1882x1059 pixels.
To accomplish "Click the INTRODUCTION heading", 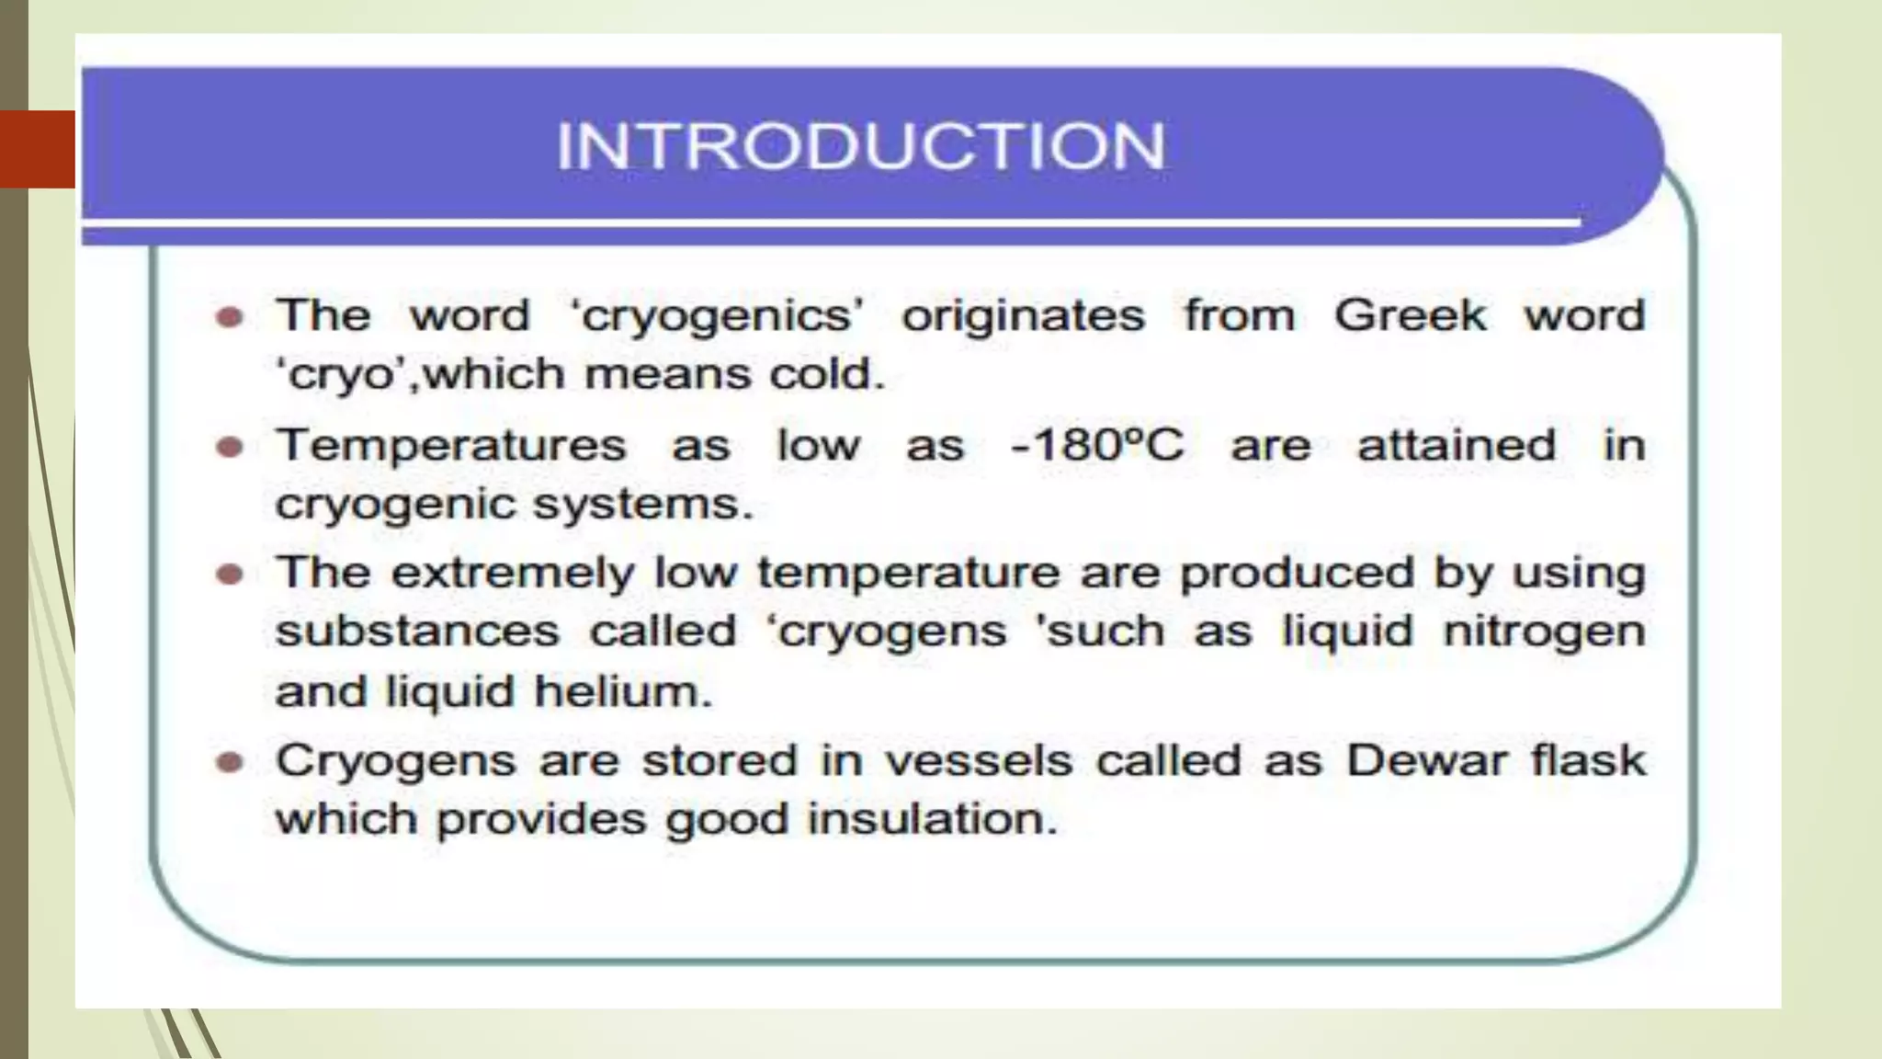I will pyautogui.click(x=861, y=146).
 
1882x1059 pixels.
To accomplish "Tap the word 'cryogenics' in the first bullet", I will pyautogui.click(x=717, y=317).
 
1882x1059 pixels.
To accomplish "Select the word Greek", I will pyautogui.click(x=1410, y=315).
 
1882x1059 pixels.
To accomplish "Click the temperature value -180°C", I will pyautogui.click(x=1097, y=446).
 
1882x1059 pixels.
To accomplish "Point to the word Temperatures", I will pyautogui.click(x=452, y=446).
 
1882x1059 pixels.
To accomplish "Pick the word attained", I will pyautogui.click(x=1457, y=446).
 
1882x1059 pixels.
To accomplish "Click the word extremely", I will pyautogui.click(x=513, y=574).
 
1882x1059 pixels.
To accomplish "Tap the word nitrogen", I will pyautogui.click(x=1544, y=632).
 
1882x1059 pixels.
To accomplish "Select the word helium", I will pyautogui.click(x=622, y=691).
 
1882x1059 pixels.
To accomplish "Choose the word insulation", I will pyautogui.click(x=932, y=819).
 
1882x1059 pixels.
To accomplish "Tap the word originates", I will pyautogui.click(x=1023, y=317).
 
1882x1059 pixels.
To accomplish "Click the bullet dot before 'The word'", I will pyautogui.click(x=229, y=318).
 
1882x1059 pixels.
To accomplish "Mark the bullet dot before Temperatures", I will pyautogui.click(x=229, y=448).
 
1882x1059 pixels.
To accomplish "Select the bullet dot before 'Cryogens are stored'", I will pyautogui.click(x=229, y=762).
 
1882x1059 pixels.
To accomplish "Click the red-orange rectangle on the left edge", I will pyautogui.click(x=37, y=149).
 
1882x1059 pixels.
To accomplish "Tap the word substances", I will pyautogui.click(x=417, y=632).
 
